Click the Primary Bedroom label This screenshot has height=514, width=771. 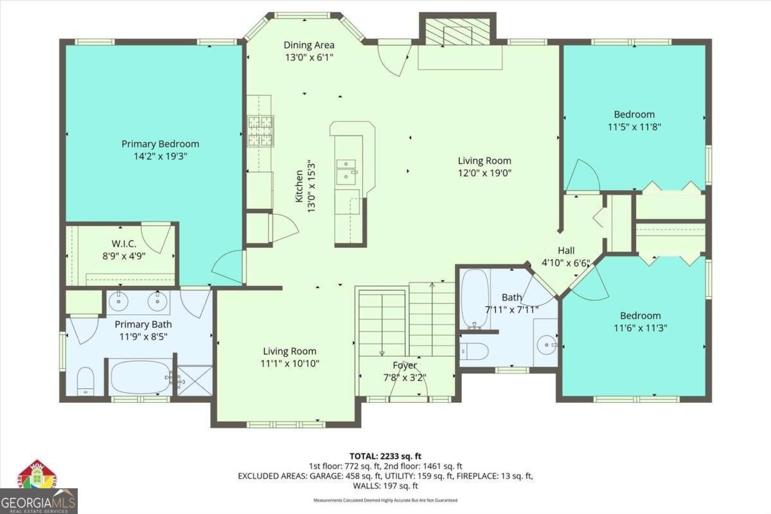(x=160, y=144)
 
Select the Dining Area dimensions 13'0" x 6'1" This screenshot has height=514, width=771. (x=309, y=57)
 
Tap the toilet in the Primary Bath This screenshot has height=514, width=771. (x=85, y=382)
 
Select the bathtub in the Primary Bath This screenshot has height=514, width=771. (x=139, y=378)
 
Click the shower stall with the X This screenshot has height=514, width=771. (x=195, y=380)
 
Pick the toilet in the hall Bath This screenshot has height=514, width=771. (x=475, y=351)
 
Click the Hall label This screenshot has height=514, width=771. (x=566, y=251)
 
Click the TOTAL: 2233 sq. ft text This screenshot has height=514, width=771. (x=385, y=456)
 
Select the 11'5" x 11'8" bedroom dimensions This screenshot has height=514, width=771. (x=634, y=127)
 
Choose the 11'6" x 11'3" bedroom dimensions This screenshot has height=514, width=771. (x=640, y=327)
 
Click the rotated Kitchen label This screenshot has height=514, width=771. (x=299, y=186)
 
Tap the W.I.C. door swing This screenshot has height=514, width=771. (x=156, y=237)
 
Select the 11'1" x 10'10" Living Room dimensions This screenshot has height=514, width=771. (x=289, y=363)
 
